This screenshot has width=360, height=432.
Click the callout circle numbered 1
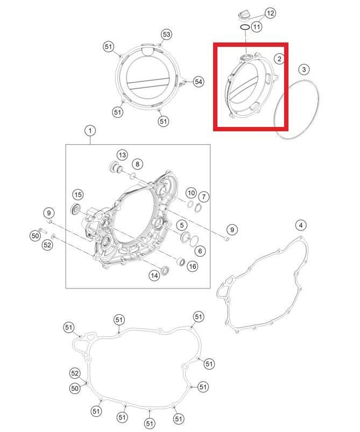(x=90, y=131)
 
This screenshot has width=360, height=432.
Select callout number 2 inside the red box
(x=279, y=59)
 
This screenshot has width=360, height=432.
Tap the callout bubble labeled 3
(x=304, y=69)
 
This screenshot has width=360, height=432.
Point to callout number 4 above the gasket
(x=301, y=225)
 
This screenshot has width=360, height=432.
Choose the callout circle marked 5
(x=182, y=225)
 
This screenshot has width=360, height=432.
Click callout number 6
(x=200, y=251)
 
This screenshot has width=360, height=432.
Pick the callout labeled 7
(x=204, y=197)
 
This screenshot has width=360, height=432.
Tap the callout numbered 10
(x=190, y=193)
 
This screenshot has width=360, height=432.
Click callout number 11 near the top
(x=257, y=26)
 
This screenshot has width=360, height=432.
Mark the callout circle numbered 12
(x=270, y=13)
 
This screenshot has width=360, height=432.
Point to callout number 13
(x=122, y=155)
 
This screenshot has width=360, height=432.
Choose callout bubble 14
(x=154, y=275)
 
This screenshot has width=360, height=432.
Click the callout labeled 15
(x=78, y=194)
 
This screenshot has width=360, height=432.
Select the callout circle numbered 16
(x=192, y=266)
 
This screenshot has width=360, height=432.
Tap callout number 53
(x=166, y=34)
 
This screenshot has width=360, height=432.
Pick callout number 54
(x=199, y=82)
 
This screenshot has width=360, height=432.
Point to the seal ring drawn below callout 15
(x=76, y=209)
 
